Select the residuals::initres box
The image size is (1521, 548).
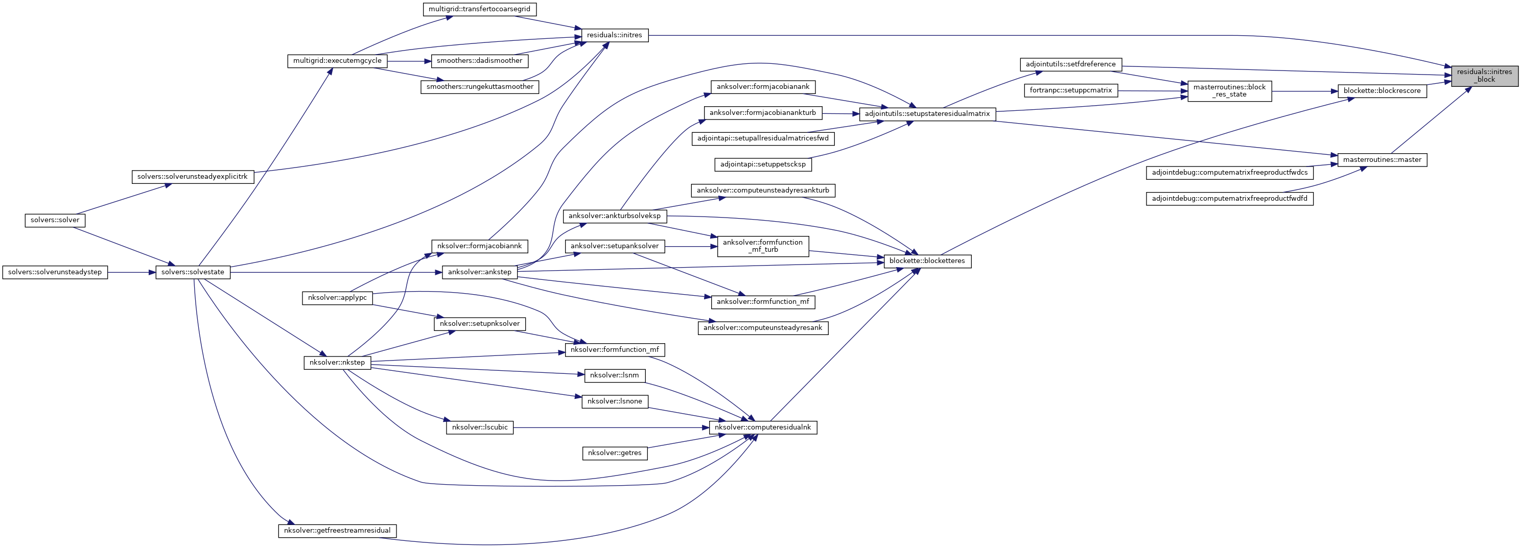pos(615,35)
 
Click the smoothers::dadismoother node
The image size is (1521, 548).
pos(479,61)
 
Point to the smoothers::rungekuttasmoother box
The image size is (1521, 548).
pos(479,87)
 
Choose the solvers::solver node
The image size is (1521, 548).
pos(55,220)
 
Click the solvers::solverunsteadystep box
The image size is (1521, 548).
pos(55,272)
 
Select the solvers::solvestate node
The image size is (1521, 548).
pos(193,272)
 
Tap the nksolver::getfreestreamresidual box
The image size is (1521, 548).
pos(337,531)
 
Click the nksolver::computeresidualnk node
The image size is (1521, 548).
pos(763,427)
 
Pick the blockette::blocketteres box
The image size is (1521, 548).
pos(927,261)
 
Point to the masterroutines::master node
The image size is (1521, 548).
pos(1382,160)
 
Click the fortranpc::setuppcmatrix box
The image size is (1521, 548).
pos(1070,91)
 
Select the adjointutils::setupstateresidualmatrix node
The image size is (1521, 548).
pos(927,114)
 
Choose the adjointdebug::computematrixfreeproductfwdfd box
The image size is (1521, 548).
pos(1229,199)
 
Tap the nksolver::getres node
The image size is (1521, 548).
pos(615,453)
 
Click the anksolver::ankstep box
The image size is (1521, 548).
pos(479,272)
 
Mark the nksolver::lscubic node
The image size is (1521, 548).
pos(479,427)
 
